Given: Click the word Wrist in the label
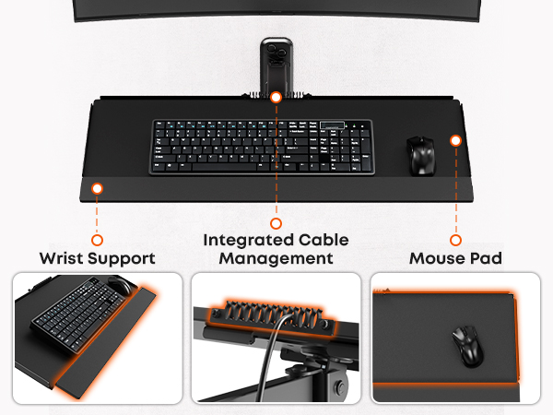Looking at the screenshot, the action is pos(62,258).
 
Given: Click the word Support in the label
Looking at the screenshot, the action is pos(122,259).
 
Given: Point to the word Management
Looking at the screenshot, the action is pos(276,258).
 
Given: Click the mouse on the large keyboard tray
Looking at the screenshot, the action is pos(421,156).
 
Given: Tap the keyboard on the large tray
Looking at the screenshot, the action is pos(262,147).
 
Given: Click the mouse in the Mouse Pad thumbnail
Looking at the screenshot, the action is pos(468,346).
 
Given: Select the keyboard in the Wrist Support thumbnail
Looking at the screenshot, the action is pos(79,315).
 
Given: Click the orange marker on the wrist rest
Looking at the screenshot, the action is pos(97,188).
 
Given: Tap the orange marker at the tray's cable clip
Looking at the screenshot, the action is pos(276,97).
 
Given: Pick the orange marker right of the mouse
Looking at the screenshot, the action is pos(455,140).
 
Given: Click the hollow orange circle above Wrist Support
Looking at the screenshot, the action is pos(97,240).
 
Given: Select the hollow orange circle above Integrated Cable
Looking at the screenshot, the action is pos(276,223).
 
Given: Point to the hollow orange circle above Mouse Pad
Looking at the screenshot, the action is pos(455,240).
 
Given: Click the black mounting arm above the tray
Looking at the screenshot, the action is pos(276,65).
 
